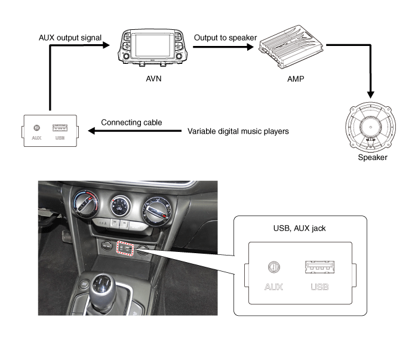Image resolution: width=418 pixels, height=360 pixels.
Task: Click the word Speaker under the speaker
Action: pos(372,158)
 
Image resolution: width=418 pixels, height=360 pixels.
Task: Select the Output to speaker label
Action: pos(226,38)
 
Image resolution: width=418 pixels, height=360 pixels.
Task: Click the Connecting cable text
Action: pos(131,123)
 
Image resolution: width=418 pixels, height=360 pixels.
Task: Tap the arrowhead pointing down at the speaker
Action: pos(371,94)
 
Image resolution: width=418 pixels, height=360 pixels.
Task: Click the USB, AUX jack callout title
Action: pos(291,227)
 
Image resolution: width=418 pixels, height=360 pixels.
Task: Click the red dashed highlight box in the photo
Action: pos(125,247)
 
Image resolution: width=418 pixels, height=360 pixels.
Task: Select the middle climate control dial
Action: pos(119,208)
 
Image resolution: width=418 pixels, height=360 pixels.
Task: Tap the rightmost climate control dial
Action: pos(159,211)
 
